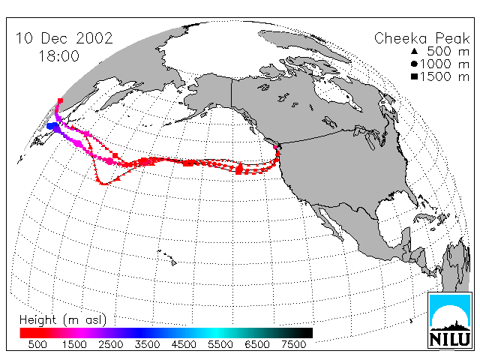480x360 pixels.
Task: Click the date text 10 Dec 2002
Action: pyautogui.click(x=64, y=38)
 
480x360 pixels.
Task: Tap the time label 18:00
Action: pyautogui.click(x=58, y=56)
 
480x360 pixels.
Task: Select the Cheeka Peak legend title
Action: pyautogui.click(x=421, y=38)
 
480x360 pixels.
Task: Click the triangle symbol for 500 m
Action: pyautogui.click(x=414, y=51)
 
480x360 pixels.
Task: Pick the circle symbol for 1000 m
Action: pyautogui.click(x=414, y=64)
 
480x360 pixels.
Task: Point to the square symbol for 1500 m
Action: pyautogui.click(x=414, y=76)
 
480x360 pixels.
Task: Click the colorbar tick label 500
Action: pyautogui.click(x=37, y=344)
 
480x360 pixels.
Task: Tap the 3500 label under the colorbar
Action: pyautogui.click(x=147, y=344)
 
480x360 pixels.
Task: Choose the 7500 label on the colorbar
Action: pyautogui.click(x=293, y=344)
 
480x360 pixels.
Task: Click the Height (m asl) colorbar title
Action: pyautogui.click(x=63, y=320)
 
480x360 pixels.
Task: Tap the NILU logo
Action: pyautogui.click(x=450, y=320)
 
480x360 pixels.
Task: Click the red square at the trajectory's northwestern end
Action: pyautogui.click(x=60, y=100)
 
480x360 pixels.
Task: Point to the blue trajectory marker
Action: pyautogui.click(x=52, y=126)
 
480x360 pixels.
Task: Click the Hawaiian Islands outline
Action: pyautogui.click(x=167, y=257)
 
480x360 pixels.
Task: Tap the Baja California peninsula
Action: pyautogui.click(x=328, y=221)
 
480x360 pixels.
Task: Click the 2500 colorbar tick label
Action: pyautogui.click(x=111, y=344)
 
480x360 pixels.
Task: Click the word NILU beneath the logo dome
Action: pyautogui.click(x=450, y=339)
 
